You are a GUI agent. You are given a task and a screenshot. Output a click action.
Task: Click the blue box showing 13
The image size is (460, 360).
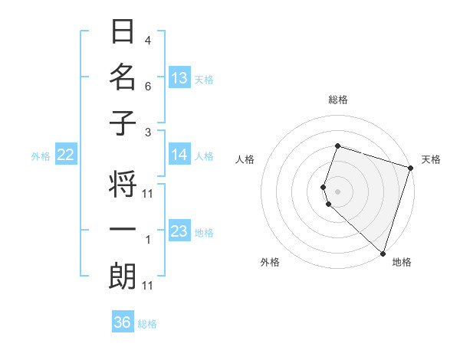point(179,77)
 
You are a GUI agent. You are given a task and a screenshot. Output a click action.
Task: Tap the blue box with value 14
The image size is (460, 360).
point(179,155)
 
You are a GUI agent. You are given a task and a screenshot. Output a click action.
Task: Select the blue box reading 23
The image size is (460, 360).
point(179,231)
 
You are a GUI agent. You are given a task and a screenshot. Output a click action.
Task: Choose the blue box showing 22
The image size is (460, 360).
point(66,155)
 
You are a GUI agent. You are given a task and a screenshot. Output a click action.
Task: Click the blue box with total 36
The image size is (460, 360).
point(123,322)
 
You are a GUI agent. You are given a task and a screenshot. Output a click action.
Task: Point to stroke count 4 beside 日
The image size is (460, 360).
point(148,40)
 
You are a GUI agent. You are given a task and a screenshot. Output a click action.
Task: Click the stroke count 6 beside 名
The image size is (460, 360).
point(148,87)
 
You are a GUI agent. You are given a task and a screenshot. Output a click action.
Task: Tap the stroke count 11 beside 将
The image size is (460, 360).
point(148,193)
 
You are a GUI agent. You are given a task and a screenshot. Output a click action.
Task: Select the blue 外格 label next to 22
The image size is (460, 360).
point(41,156)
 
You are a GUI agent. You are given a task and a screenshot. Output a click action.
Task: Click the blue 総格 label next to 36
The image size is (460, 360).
point(147,324)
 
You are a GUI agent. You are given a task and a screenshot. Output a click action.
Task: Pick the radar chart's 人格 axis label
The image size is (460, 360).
point(245,159)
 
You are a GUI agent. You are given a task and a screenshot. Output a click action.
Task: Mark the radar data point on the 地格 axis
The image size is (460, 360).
point(383,253)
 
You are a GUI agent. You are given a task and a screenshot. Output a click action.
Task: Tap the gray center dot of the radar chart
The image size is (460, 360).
point(337,191)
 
